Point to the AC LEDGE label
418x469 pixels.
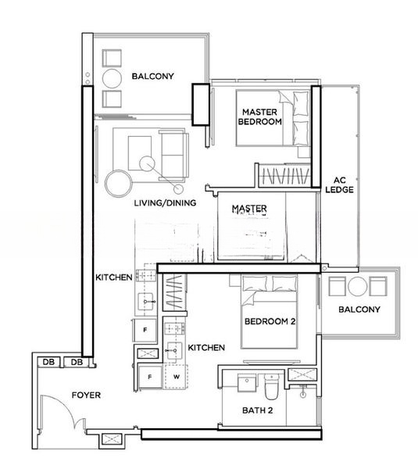(340, 184)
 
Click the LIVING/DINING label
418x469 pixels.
(165, 202)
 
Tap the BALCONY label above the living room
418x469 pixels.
(152, 76)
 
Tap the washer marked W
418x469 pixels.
(177, 376)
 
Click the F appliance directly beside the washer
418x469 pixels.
(150, 376)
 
